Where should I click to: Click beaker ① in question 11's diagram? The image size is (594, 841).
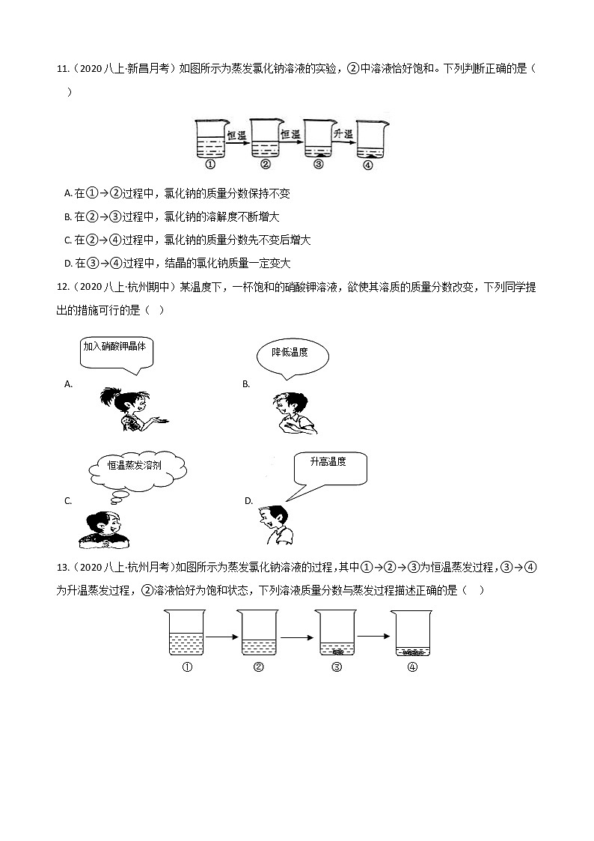(x=210, y=139)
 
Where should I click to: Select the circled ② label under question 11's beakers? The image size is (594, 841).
(x=265, y=165)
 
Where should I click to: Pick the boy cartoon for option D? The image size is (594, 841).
(x=275, y=524)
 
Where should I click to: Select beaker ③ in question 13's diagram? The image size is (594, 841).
(x=336, y=634)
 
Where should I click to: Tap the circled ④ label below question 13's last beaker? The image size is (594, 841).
(x=412, y=668)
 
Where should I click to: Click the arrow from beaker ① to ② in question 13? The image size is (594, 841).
(x=221, y=637)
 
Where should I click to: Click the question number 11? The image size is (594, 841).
(x=62, y=70)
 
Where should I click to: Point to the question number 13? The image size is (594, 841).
(x=62, y=567)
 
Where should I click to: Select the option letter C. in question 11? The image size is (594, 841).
(x=68, y=240)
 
